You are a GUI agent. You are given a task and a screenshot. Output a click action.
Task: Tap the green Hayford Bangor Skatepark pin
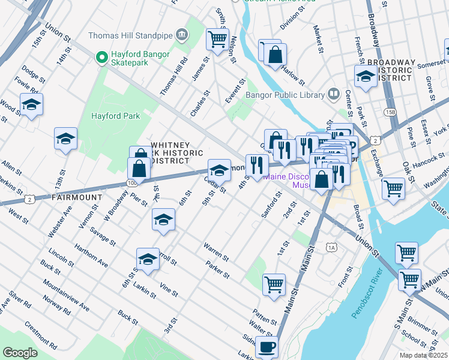[x=101, y=57]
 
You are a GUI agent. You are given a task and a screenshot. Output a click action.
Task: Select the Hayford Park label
[x=115, y=115]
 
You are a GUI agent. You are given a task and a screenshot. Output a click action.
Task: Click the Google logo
[x=20, y=352]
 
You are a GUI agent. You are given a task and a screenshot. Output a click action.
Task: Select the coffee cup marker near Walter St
[x=267, y=346]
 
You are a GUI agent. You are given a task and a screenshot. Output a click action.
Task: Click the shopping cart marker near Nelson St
[x=217, y=40]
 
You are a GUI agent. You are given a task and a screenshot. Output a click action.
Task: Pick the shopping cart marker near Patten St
[x=274, y=284]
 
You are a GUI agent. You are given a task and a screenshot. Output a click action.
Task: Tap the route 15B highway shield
[x=390, y=113]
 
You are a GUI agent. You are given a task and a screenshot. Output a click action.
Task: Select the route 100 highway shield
[x=131, y=181]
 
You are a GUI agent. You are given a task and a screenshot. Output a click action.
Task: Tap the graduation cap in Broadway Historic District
[x=365, y=76]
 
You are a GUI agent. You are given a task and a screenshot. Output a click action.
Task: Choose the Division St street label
[x=289, y=22]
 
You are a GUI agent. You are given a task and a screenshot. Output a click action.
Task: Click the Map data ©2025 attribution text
[x=423, y=355]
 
